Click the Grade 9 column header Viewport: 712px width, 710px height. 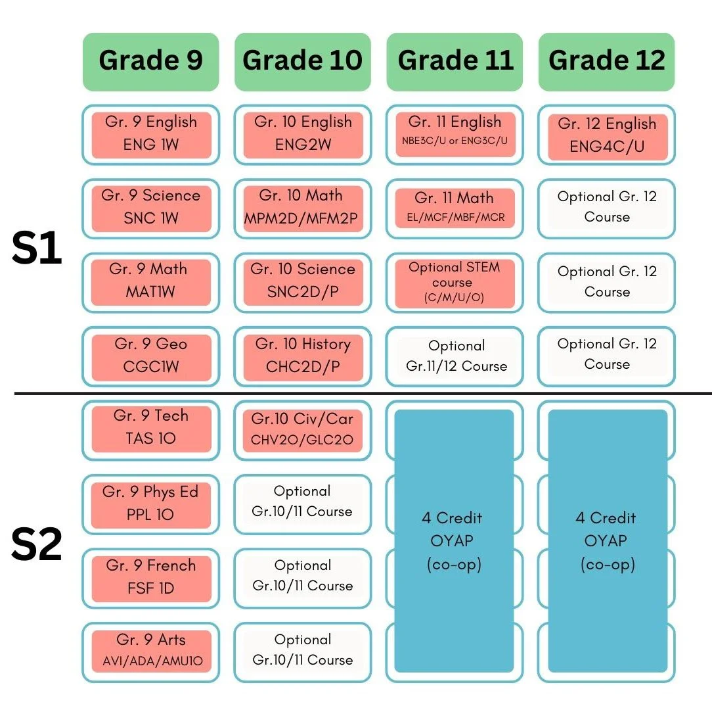151,62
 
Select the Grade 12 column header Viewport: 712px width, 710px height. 606,62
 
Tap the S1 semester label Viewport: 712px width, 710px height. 37,248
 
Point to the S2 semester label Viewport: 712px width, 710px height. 37,544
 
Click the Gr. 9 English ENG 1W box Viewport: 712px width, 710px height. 151,135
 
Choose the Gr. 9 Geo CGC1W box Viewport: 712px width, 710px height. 151,357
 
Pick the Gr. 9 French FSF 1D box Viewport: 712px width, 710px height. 151,578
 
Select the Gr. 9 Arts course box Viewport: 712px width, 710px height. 151,651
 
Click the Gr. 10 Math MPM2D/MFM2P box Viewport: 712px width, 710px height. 303,208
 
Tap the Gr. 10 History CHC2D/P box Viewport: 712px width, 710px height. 303,357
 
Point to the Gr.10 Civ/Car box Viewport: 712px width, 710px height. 302,431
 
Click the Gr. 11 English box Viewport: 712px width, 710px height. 455,134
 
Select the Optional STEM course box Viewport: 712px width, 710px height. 455,283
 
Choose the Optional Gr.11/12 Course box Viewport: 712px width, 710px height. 455,357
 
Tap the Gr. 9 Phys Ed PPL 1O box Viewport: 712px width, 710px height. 151,504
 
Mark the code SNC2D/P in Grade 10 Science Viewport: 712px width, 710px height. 303,292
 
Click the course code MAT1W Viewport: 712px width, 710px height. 150,292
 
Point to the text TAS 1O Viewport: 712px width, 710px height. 151,438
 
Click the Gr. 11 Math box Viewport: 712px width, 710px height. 455,208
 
